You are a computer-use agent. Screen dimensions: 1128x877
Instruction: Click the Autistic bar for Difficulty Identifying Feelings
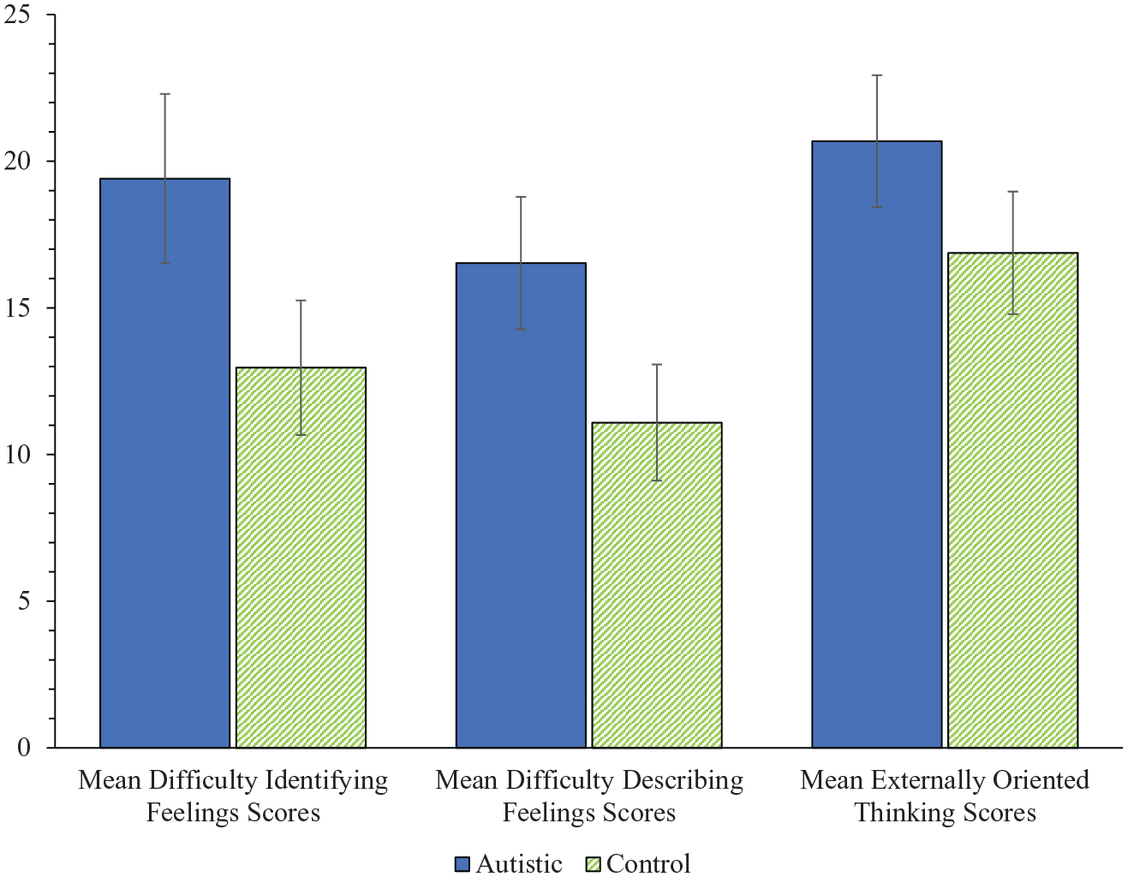(164, 462)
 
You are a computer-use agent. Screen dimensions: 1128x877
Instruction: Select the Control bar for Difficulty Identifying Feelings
(301, 558)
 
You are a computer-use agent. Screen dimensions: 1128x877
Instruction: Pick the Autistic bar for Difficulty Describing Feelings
(521, 505)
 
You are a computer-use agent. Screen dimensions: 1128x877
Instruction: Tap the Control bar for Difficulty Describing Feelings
(657, 585)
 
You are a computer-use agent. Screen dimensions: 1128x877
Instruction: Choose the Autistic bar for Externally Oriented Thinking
(877, 444)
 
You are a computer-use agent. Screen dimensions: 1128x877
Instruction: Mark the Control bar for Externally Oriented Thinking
(1012, 500)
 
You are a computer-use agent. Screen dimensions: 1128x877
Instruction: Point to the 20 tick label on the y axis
(16, 161)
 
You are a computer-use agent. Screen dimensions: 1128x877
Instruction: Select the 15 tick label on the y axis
(16, 308)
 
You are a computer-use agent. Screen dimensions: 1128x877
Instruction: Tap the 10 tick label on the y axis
(16, 455)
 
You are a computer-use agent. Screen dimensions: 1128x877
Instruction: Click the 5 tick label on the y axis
(24, 601)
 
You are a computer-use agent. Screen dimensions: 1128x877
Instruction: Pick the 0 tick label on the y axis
(24, 748)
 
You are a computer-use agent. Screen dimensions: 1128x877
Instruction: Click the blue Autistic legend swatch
(462, 864)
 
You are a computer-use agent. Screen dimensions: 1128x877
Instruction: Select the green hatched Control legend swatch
(593, 864)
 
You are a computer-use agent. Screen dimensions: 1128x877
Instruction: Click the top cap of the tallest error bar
(877, 75)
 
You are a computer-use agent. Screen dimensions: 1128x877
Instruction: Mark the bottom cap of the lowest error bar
(657, 480)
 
